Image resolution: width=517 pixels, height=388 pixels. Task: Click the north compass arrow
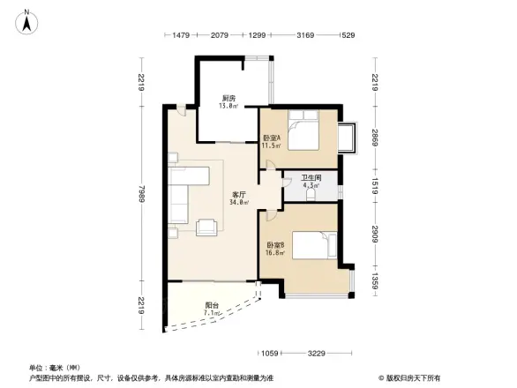pos(27,20)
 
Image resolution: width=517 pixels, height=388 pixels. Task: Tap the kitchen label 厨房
pos(228,98)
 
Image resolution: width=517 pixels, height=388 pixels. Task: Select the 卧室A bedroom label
pos(272,138)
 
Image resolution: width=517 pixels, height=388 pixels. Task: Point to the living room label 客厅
pos(239,194)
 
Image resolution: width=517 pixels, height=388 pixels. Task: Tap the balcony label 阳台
pos(211,305)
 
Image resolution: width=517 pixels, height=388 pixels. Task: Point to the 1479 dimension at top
pos(182,35)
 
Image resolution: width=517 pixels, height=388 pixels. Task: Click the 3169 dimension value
pos(305,35)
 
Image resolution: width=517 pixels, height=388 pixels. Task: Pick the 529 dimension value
pos(348,35)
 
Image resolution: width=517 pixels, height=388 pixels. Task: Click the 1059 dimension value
pos(270,354)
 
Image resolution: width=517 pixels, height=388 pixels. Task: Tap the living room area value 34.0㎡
pos(239,202)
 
